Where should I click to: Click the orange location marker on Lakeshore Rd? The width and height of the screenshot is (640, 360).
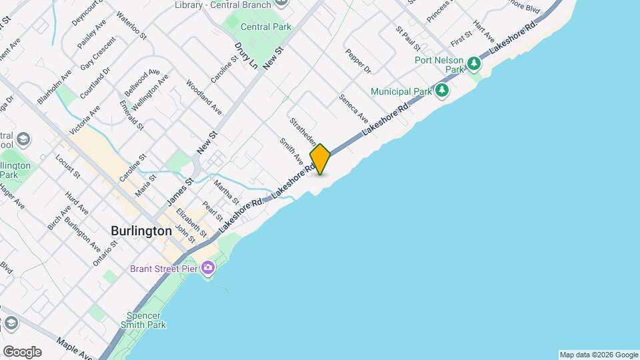point(320,159)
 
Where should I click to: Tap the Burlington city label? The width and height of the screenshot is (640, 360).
point(141,231)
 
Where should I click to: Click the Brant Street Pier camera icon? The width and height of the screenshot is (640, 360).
point(209,268)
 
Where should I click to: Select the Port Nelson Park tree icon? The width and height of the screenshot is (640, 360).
point(474,64)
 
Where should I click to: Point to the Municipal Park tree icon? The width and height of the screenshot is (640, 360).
point(441,90)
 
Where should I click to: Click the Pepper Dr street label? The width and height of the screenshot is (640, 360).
point(357,61)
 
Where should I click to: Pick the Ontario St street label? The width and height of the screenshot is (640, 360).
point(105,253)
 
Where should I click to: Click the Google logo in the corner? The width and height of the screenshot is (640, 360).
point(21,352)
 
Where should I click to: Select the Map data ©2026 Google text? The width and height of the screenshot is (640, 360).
point(599,355)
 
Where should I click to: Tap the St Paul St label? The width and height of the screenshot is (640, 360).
point(407,39)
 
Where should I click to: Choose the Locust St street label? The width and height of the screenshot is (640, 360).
point(67,167)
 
